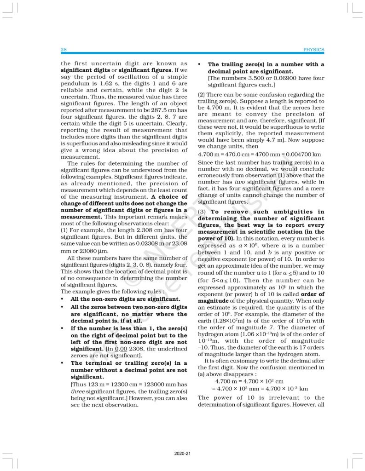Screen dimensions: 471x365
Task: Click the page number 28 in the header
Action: [64, 49]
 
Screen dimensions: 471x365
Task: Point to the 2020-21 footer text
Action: [182, 454]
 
